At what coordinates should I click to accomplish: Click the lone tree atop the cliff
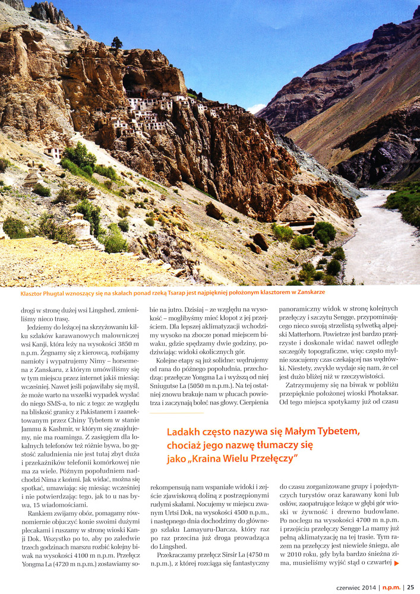point(116,42)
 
